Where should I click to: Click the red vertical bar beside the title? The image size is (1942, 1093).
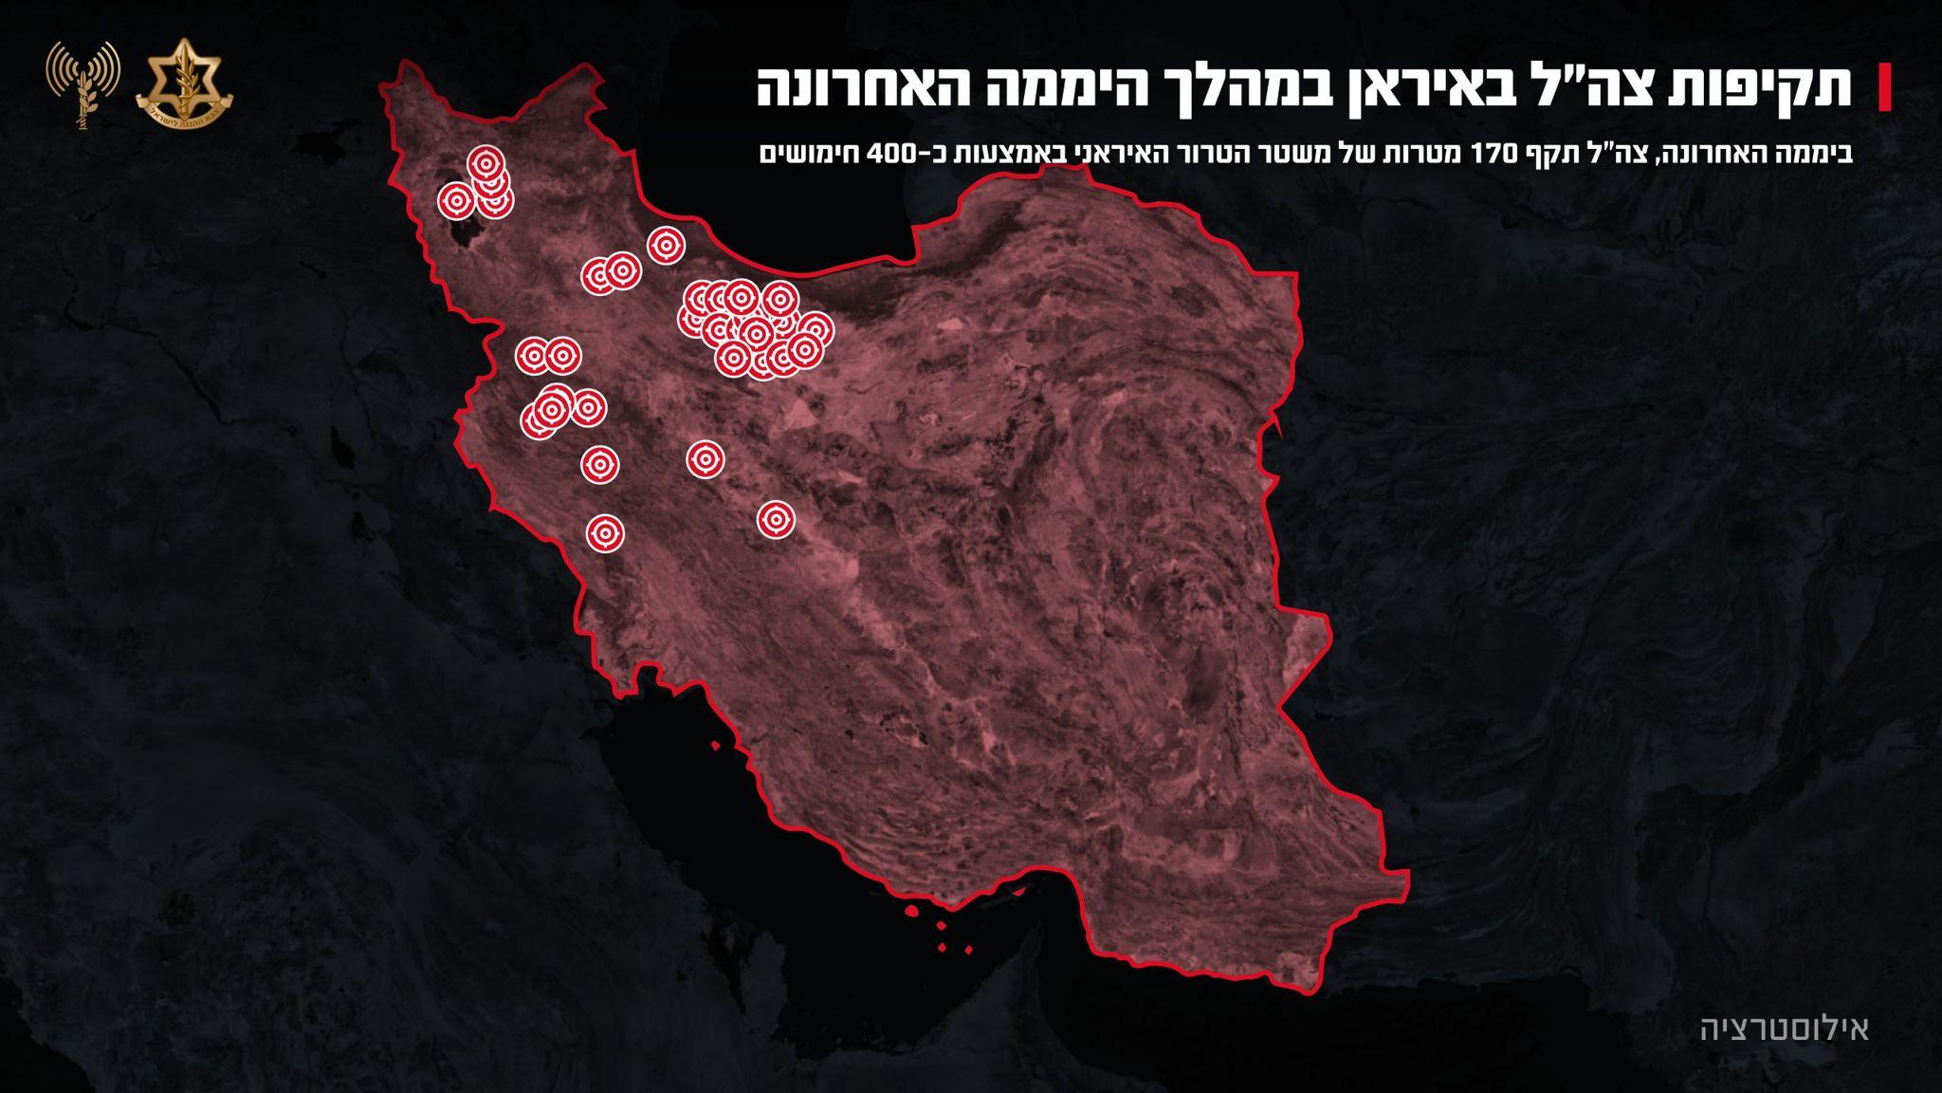click(1886, 87)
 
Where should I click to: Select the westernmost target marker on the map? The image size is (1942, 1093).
click(456, 200)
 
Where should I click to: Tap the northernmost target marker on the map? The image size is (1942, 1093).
click(485, 164)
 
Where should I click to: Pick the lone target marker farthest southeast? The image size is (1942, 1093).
click(776, 519)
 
